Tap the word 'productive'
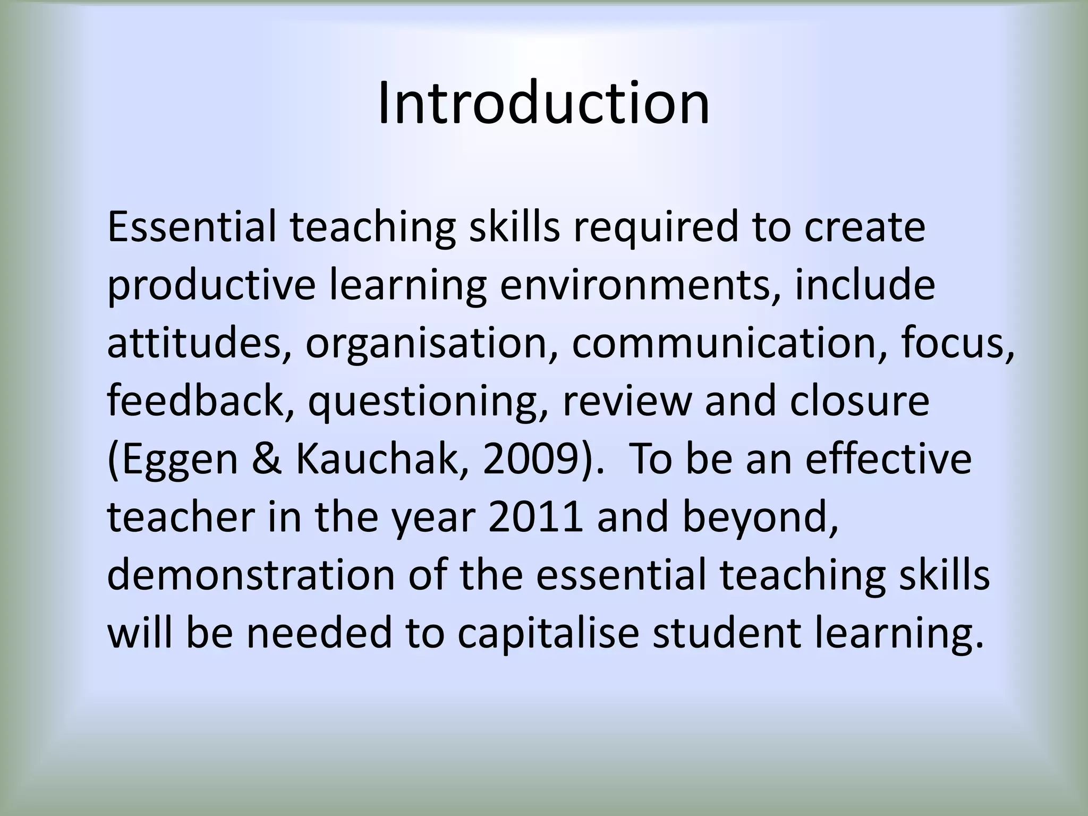click(211, 286)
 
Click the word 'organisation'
click(431, 344)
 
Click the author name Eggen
click(176, 460)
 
